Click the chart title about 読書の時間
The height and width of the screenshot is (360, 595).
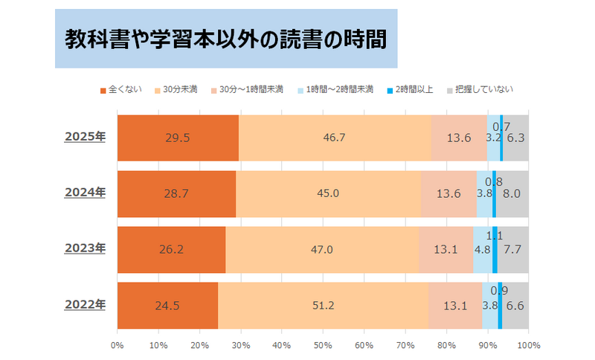pyautogui.click(x=225, y=38)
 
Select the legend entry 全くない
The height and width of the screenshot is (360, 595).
pyautogui.click(x=118, y=89)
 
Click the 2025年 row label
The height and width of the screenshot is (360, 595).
pyautogui.click(x=85, y=137)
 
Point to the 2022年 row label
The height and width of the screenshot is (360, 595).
pyautogui.click(x=85, y=304)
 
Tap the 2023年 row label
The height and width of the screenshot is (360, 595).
pyautogui.click(x=85, y=248)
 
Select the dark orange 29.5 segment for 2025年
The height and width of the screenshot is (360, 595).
pyautogui.click(x=178, y=138)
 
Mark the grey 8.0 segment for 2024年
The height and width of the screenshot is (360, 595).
pyautogui.click(x=512, y=193)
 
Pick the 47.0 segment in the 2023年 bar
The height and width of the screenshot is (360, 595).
pyautogui.click(x=321, y=249)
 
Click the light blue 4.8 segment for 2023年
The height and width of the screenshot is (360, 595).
pyautogui.click(x=482, y=249)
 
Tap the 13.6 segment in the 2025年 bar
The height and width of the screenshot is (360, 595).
pyautogui.click(x=459, y=138)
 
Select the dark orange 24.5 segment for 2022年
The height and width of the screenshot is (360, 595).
pyautogui.click(x=167, y=305)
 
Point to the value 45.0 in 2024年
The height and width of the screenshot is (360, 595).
pyautogui.click(x=328, y=193)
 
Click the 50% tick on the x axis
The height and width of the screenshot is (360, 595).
pyautogui.click(x=323, y=345)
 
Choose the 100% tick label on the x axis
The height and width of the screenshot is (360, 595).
pyautogui.click(x=528, y=345)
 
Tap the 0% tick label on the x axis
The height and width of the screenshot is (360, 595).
pyautogui.click(x=117, y=345)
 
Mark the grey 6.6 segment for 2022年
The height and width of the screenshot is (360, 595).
pyautogui.click(x=515, y=305)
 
